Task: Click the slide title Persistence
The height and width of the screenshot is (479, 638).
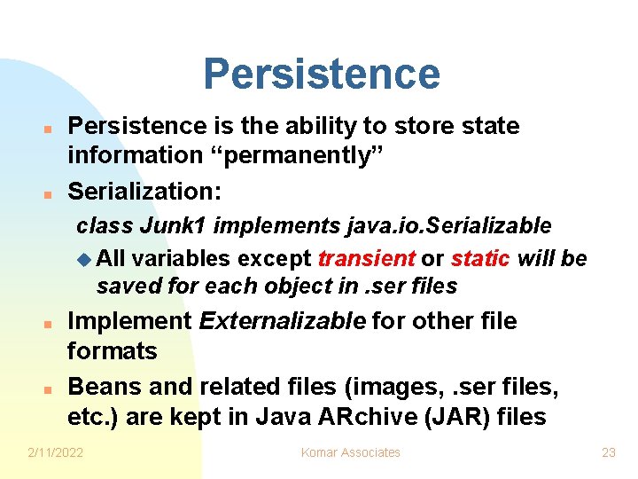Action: click(321, 75)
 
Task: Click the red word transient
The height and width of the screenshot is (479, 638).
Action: click(366, 258)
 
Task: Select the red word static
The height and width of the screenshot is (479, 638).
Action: click(479, 258)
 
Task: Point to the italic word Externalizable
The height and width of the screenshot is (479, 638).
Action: click(282, 321)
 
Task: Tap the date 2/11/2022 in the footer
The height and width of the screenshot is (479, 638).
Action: click(56, 452)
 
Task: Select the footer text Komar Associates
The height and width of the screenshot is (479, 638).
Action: click(351, 452)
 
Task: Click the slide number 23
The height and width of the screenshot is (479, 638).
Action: click(608, 452)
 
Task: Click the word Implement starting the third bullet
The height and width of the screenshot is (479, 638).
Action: click(129, 321)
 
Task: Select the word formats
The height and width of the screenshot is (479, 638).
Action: click(112, 351)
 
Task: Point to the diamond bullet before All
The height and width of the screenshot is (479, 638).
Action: click(84, 259)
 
